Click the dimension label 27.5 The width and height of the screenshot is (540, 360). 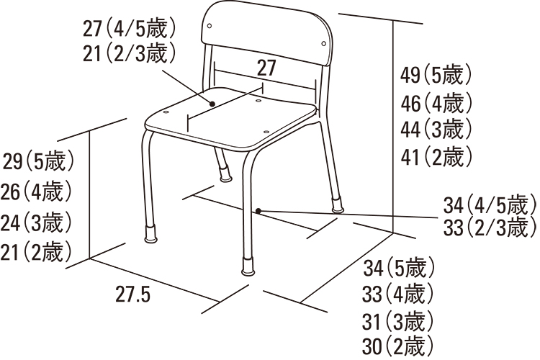click(133, 294)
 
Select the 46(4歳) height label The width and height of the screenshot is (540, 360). click(436, 103)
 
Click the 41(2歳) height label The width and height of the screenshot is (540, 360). click(436, 156)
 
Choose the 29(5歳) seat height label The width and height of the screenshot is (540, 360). click(39, 161)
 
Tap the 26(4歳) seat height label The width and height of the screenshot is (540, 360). click(36, 192)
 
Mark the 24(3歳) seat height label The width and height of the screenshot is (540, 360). click(36, 222)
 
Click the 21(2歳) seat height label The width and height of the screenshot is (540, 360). click(36, 252)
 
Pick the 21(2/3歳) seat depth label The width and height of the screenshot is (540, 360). click(130, 54)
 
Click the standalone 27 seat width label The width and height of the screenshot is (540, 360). click(266, 68)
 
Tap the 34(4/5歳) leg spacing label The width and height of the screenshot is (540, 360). click(490, 205)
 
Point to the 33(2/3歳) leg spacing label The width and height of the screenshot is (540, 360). click(490, 227)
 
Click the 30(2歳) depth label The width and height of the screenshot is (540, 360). click(397, 346)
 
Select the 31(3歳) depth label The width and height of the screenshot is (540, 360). click(397, 321)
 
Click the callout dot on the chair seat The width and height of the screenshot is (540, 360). click(212, 104)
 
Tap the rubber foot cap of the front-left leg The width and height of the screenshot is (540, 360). click(151, 235)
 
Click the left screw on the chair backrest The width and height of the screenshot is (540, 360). click(210, 26)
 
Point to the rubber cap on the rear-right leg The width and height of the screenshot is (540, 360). click(338, 204)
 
